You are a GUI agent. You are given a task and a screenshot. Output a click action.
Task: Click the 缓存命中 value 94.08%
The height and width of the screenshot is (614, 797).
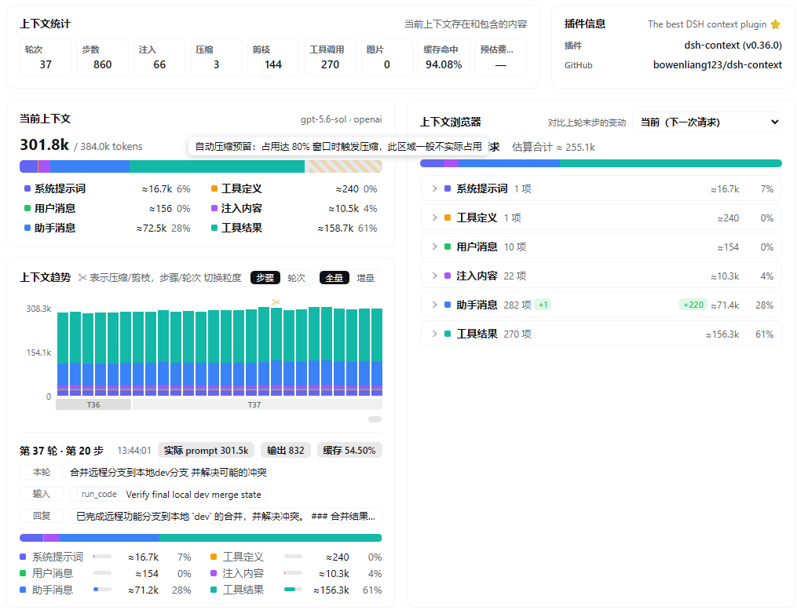pyautogui.click(x=443, y=64)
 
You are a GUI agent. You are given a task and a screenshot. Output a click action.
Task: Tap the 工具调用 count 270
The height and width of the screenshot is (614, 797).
pyautogui.click(x=330, y=64)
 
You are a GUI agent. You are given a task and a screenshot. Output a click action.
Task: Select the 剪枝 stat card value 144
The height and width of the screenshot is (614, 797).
pyautogui.click(x=273, y=64)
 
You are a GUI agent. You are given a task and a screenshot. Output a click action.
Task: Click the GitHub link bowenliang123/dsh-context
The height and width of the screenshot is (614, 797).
pyautogui.click(x=717, y=64)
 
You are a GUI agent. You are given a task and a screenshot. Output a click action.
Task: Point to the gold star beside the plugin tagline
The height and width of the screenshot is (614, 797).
pyautogui.click(x=776, y=24)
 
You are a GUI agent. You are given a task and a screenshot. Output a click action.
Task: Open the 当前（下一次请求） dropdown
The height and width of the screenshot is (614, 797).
pyautogui.click(x=707, y=122)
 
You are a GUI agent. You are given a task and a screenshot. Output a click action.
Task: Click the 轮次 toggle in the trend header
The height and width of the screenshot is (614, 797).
pyautogui.click(x=296, y=277)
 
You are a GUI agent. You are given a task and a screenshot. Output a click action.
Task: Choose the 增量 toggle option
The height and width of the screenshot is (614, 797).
pyautogui.click(x=365, y=277)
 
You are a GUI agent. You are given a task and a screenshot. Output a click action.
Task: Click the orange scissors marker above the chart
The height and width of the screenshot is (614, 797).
pyautogui.click(x=276, y=302)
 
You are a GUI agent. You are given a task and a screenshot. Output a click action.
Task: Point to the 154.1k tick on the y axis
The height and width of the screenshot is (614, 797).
pyautogui.click(x=38, y=353)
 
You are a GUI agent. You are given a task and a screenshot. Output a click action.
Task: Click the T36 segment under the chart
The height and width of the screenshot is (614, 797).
pyautogui.click(x=93, y=404)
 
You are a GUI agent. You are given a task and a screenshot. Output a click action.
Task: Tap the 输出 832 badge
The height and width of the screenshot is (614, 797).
pyautogui.click(x=285, y=451)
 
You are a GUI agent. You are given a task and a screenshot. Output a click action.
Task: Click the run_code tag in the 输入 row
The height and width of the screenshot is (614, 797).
pyautogui.click(x=99, y=494)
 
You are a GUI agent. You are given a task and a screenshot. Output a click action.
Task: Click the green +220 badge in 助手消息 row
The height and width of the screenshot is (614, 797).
pyautogui.click(x=693, y=305)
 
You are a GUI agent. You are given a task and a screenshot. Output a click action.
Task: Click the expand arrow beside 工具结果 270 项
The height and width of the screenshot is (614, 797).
pyautogui.click(x=434, y=334)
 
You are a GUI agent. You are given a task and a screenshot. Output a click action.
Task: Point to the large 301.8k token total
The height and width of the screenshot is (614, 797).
pyautogui.click(x=44, y=144)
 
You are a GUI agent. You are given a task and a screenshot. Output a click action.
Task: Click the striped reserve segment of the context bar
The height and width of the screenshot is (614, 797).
pyautogui.click(x=344, y=166)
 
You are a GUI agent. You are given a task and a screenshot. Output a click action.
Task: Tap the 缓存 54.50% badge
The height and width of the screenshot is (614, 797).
pyautogui.click(x=349, y=451)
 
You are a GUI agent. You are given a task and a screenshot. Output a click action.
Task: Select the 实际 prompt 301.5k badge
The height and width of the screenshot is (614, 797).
pyautogui.click(x=206, y=451)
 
